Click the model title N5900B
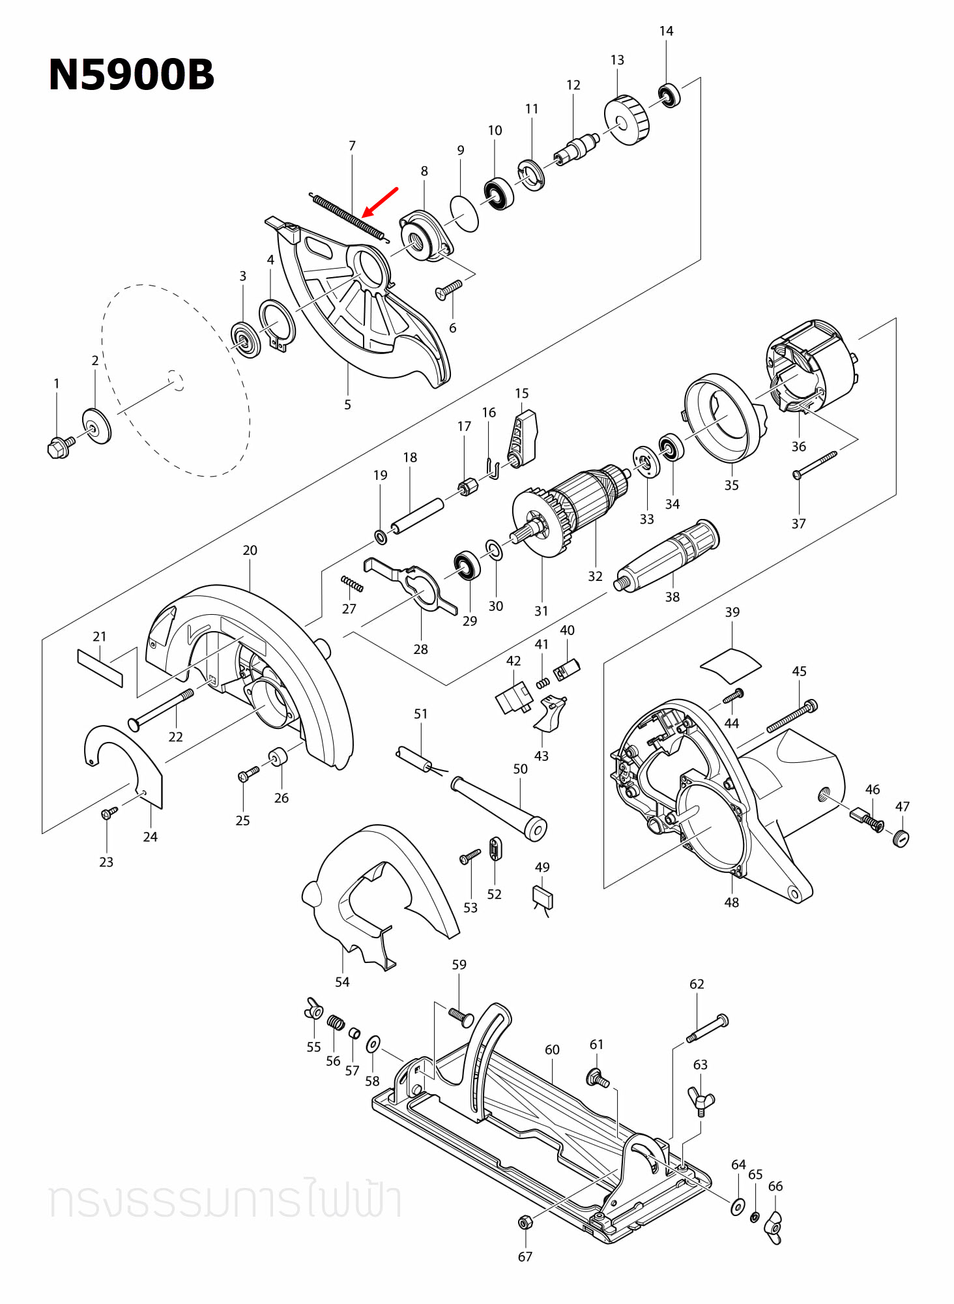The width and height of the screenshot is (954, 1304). [131, 74]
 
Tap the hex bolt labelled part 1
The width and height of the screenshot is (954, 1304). [59, 447]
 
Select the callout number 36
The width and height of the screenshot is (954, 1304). [798, 447]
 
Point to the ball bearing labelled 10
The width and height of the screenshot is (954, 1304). [499, 194]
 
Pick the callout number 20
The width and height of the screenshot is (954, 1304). [250, 550]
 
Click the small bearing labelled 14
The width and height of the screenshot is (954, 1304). [669, 96]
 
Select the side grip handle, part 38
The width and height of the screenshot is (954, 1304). [669, 555]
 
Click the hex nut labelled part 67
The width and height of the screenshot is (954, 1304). [525, 1222]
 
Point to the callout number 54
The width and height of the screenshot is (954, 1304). [342, 982]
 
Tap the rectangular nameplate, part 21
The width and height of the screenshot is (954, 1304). [100, 668]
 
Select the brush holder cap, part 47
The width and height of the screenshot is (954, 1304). [901, 838]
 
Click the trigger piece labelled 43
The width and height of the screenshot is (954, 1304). [550, 713]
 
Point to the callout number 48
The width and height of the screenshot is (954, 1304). [731, 902]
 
